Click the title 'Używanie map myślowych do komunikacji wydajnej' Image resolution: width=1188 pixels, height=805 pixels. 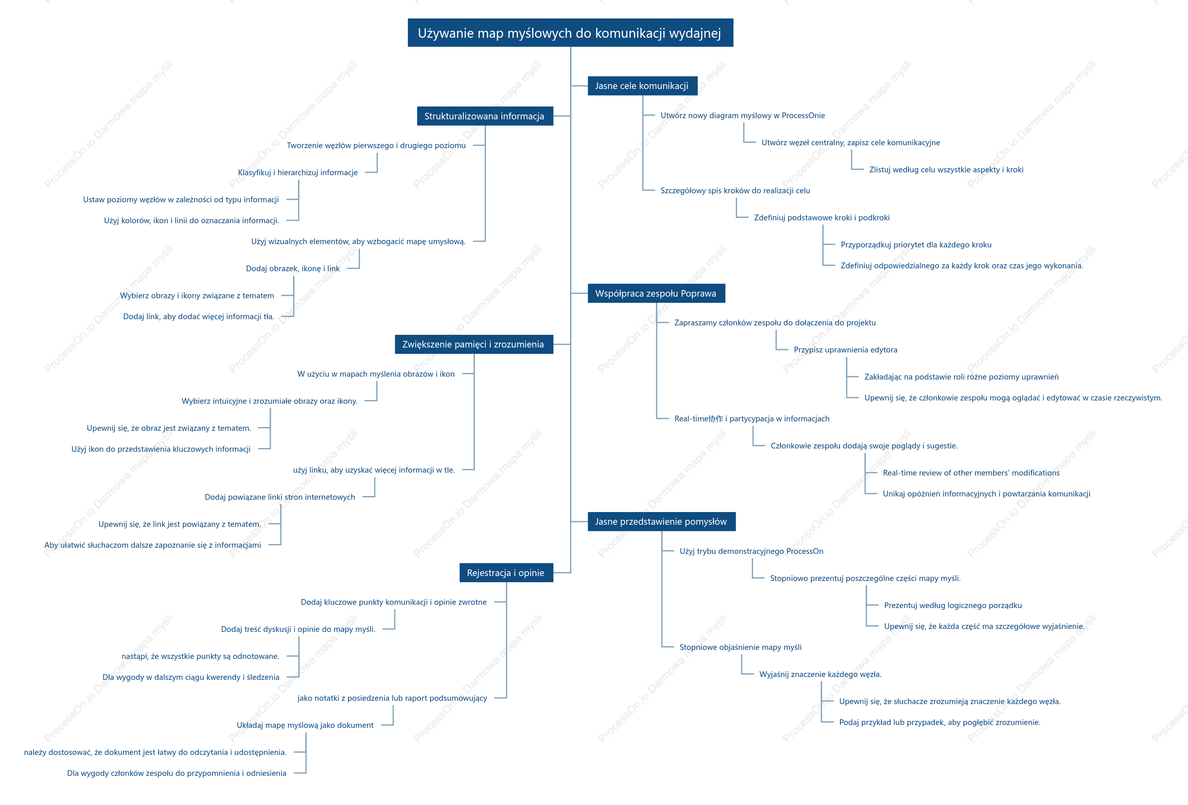click(x=570, y=33)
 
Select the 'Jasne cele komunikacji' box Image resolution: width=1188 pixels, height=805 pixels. click(x=642, y=86)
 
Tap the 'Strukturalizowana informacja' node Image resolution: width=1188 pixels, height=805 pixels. click(x=485, y=116)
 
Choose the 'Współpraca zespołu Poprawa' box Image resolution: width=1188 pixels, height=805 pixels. click(x=656, y=293)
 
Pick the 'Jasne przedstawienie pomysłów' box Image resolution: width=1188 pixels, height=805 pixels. click(x=661, y=521)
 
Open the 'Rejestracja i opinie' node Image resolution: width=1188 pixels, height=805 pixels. click(x=506, y=573)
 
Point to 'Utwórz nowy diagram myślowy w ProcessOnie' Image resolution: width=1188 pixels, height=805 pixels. click(x=743, y=116)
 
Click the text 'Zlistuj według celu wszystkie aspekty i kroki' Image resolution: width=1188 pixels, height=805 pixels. click(x=946, y=170)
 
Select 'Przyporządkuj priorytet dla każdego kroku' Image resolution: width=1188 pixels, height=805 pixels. click(x=916, y=245)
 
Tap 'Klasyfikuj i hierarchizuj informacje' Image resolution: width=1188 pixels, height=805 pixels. click(x=298, y=173)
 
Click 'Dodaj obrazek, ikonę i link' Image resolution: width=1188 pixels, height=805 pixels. click(x=293, y=269)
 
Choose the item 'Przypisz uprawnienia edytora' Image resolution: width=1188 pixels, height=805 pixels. click(x=845, y=350)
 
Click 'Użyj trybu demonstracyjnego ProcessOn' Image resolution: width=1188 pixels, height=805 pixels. click(x=751, y=551)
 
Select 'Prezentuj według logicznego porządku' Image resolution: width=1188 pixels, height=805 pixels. click(x=953, y=606)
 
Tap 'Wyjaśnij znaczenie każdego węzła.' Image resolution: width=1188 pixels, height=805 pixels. click(x=820, y=675)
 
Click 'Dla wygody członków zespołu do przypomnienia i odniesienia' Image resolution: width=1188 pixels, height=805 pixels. click(x=177, y=773)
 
